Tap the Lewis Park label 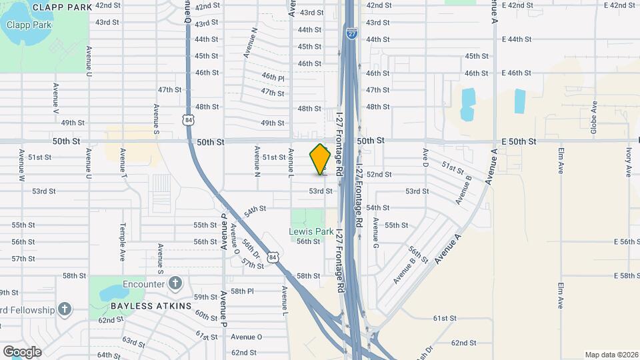tap(311, 231)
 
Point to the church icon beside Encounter tap(175, 283)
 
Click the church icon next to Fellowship tap(64, 309)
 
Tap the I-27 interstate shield tap(351, 32)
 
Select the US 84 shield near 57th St tap(271, 256)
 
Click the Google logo tap(22, 351)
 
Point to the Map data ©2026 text tap(610, 355)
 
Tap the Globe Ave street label tap(593, 117)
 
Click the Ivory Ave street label tap(628, 162)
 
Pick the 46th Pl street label tap(273, 77)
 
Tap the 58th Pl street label tap(243, 291)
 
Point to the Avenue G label tap(375, 229)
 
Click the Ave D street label tap(425, 157)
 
